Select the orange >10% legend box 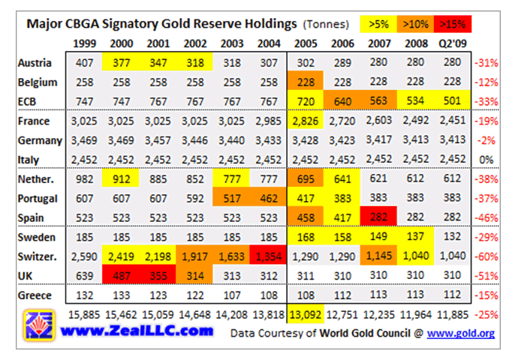coord(415,25)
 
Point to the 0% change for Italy coord(486,160)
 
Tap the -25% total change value coord(484,314)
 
